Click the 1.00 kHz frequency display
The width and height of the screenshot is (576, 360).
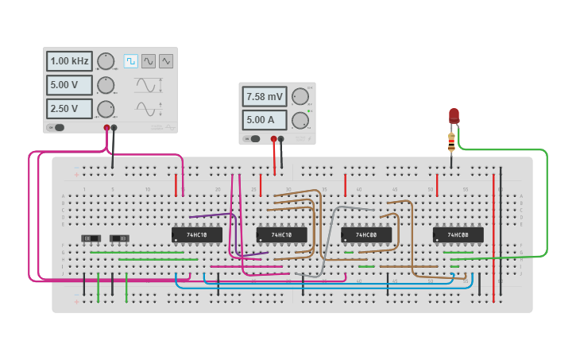click(x=69, y=61)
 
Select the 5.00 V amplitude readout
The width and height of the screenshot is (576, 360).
click(x=69, y=85)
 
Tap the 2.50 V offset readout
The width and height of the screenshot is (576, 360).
click(x=69, y=109)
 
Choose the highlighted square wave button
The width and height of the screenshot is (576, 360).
click(x=130, y=61)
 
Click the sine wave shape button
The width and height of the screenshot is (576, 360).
click(x=149, y=61)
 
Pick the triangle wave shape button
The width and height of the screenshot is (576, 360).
click(x=166, y=61)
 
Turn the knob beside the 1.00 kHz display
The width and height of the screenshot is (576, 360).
click(x=106, y=61)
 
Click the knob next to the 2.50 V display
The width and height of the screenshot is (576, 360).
click(x=106, y=109)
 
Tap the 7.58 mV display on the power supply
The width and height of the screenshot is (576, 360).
click(x=265, y=97)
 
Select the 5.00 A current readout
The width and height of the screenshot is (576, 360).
click(x=265, y=120)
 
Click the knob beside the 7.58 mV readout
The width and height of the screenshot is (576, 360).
click(x=300, y=97)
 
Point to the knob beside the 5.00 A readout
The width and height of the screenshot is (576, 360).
click(x=300, y=120)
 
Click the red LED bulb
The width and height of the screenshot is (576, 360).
click(x=454, y=116)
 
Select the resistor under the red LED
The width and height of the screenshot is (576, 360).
click(x=451, y=143)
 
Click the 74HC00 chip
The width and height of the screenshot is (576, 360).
click(x=366, y=235)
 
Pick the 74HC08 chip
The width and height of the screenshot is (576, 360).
click(x=458, y=235)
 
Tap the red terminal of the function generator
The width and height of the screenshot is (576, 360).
click(x=106, y=127)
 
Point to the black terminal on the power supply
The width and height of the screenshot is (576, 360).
click(x=280, y=138)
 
